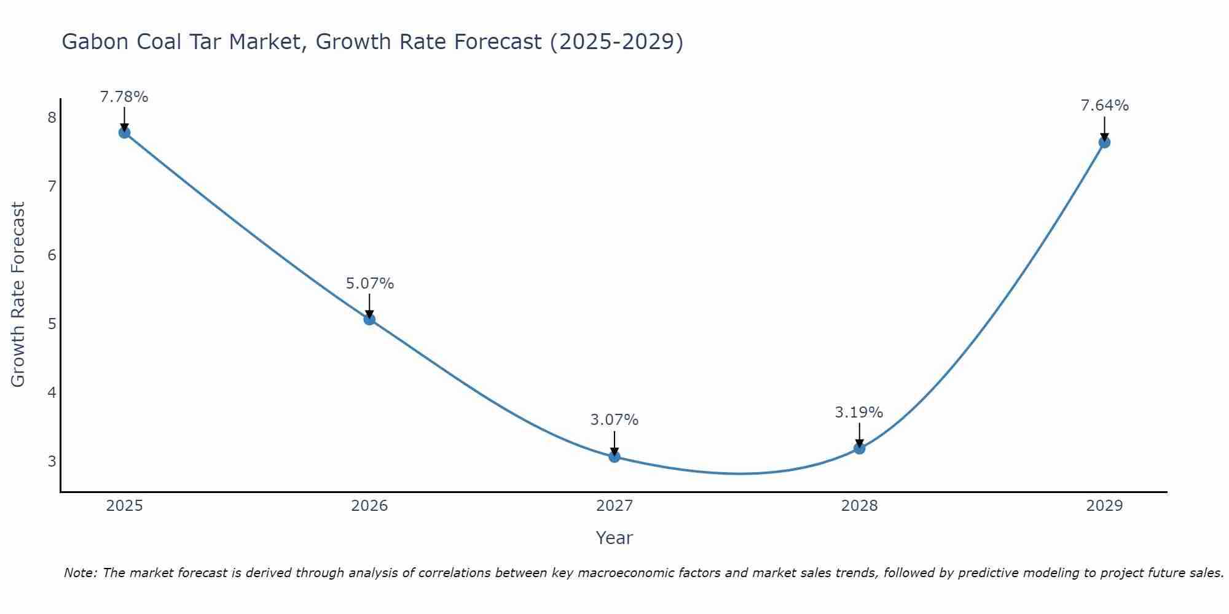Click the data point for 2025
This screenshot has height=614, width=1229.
(124, 133)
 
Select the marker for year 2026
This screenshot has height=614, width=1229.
(369, 319)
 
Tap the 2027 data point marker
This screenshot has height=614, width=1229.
(614, 456)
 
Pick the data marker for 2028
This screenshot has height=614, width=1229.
(859, 448)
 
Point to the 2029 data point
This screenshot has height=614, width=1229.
(1104, 142)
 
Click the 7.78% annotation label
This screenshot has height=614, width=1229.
(124, 97)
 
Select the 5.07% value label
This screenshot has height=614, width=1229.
(369, 284)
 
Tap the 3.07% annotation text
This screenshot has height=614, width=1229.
(614, 420)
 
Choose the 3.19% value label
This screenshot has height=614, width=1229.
(859, 413)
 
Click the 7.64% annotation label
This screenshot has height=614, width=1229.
(1104, 106)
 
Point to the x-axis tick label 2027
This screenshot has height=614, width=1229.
(614, 506)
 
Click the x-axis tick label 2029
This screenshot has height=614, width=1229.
(1104, 506)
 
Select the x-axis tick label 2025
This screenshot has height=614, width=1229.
(124, 506)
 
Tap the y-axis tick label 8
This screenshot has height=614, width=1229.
(52, 117)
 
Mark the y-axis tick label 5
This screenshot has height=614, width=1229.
(52, 324)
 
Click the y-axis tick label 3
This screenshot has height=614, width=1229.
(52, 461)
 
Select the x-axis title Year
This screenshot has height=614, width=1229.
(614, 538)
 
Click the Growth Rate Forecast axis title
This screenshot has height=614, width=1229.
(18, 295)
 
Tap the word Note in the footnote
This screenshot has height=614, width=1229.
(80, 573)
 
